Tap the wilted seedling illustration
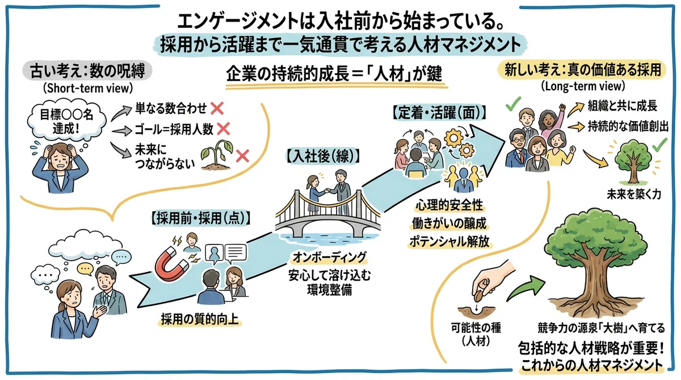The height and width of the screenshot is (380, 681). point(216,155)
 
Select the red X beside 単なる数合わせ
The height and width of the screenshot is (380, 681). point(217,108)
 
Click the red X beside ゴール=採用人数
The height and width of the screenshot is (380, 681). point(224,129)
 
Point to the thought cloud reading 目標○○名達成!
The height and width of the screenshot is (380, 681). point(66,121)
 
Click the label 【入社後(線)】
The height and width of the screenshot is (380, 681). point(323,157)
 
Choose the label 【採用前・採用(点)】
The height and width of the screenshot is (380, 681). point(201,219)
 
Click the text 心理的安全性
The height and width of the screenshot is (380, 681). point(449,206)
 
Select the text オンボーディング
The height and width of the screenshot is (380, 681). point(330,257)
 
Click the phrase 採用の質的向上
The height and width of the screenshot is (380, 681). point(200,319)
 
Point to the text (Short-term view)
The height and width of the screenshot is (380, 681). point(88,88)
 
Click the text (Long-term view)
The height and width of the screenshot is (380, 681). point(583,86)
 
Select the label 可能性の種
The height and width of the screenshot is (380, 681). point(476,328)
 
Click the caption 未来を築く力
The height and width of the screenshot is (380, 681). point(634,194)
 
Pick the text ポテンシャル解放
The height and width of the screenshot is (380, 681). point(449,242)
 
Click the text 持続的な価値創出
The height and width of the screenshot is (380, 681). point(628,126)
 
